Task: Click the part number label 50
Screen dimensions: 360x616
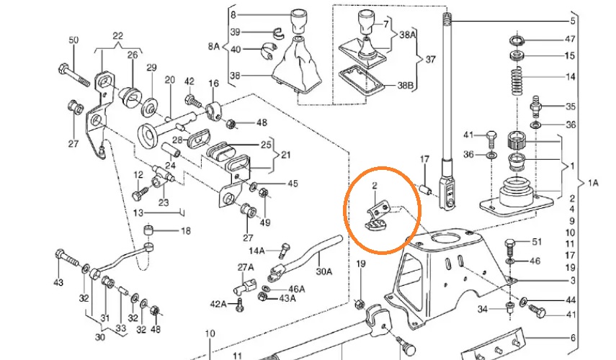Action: pos(73,40)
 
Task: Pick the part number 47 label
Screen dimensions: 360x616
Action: pos(569,40)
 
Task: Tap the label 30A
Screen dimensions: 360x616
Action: pos(325,272)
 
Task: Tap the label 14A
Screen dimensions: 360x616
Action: pos(257,251)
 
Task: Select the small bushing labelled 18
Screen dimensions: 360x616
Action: pos(150,231)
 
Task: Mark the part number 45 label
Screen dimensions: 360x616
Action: pos(292,184)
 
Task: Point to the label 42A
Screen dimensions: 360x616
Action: pos(217,304)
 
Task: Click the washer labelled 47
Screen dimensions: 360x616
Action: pos(516,39)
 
